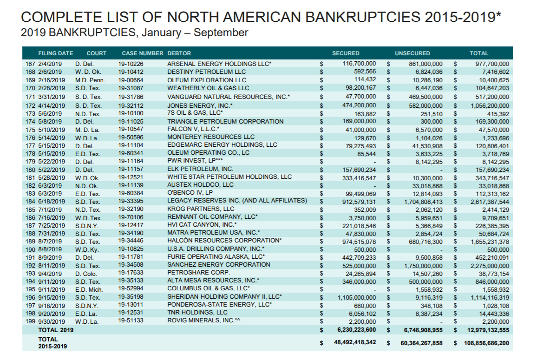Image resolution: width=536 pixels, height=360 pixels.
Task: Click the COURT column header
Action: click(96, 53)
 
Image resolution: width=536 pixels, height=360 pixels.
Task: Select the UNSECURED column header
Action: click(412, 53)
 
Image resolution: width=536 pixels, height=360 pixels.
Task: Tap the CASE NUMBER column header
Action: click(142, 53)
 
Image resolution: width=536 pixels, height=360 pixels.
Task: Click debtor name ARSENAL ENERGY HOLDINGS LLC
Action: click(219, 64)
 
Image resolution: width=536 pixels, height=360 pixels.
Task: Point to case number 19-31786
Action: click(131, 97)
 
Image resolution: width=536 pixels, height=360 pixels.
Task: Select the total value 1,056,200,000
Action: click(490, 105)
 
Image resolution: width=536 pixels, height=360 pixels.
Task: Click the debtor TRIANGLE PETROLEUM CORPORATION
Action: click(225, 121)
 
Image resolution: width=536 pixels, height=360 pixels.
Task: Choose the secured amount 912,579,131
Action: click(357, 201)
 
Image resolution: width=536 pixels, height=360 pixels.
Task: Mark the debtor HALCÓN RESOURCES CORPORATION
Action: click(224, 241)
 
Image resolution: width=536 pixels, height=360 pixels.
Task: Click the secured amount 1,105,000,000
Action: click(356, 297)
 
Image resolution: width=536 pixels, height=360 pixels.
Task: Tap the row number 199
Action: click(30, 321)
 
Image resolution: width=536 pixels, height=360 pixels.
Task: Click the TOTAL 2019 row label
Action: click(56, 330)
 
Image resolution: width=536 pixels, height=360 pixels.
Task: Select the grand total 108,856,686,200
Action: click(486, 343)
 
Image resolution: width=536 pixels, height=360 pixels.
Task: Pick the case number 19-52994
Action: click(131, 289)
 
